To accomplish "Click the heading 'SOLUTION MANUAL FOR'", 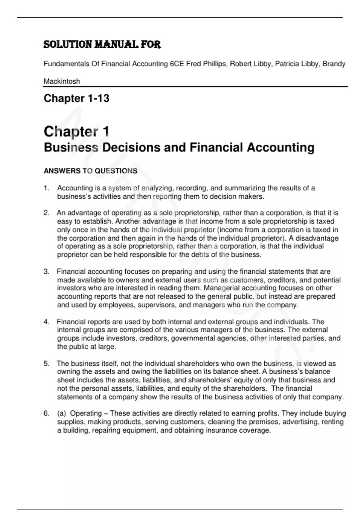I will pyautogui.click(x=102, y=45).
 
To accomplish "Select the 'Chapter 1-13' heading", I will pyautogui.click(x=76, y=98).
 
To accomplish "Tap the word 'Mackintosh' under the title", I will pyautogui.click(x=62, y=81).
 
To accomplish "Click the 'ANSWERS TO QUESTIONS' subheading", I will pyautogui.click(x=90, y=171).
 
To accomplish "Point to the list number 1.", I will pyautogui.click(x=46, y=188).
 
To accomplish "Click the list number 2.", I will pyautogui.click(x=46, y=213).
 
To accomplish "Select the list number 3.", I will pyautogui.click(x=46, y=272).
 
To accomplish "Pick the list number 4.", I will pyautogui.click(x=46, y=322).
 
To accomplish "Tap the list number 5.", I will pyautogui.click(x=46, y=364).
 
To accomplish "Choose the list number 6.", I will pyautogui.click(x=46, y=413).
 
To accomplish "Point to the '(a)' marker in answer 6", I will pyautogui.click(x=61, y=413).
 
